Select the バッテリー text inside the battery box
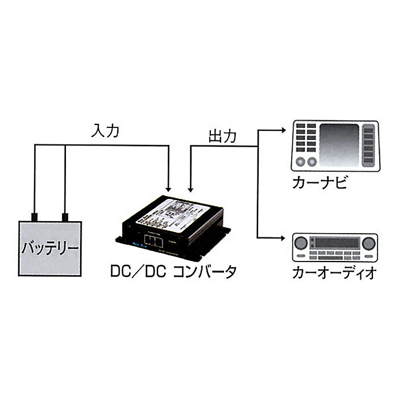point(49,248)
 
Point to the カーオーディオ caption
point(333,272)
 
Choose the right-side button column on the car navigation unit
point(368,145)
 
